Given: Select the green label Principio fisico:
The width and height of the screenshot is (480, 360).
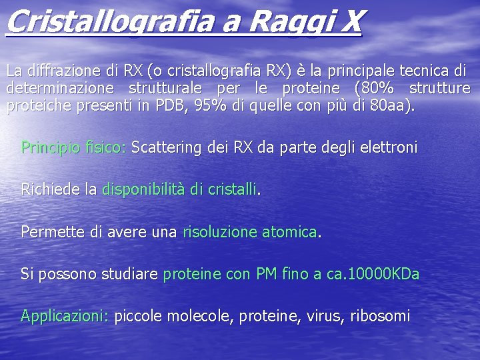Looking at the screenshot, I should (x=73, y=147).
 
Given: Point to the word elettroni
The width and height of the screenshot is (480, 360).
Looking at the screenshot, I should (x=387, y=147).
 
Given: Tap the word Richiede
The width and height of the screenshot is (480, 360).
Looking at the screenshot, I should (x=51, y=190).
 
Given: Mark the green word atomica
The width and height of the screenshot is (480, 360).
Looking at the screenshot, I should (x=289, y=232).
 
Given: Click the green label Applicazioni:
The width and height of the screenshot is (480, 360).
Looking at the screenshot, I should (x=65, y=316).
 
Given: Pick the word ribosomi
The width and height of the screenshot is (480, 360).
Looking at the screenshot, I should (x=380, y=316).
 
